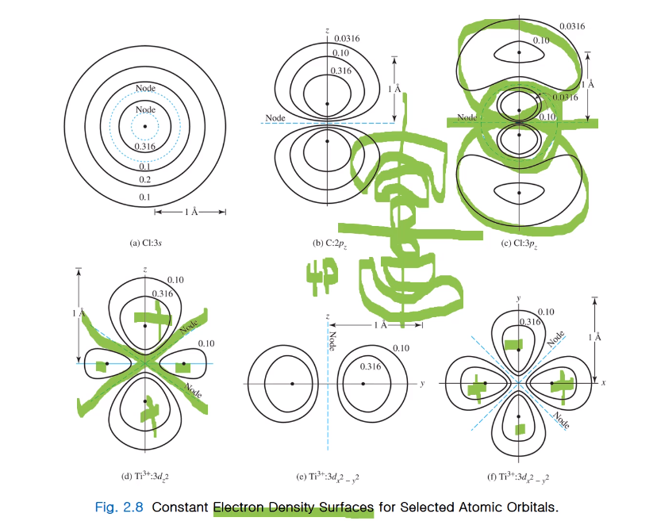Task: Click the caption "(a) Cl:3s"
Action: point(146,243)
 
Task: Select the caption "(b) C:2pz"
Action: point(328,243)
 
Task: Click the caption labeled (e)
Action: point(328,477)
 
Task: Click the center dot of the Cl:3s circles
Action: point(145,125)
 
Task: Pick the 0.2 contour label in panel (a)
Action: point(145,181)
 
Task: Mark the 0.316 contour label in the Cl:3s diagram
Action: point(145,147)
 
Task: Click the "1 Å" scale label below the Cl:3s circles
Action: point(190,212)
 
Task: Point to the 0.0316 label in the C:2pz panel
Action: point(348,38)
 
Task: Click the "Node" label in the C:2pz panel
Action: point(275,118)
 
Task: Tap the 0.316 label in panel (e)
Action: point(370,366)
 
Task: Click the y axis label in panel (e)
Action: point(422,383)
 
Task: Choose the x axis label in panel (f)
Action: point(603,383)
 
